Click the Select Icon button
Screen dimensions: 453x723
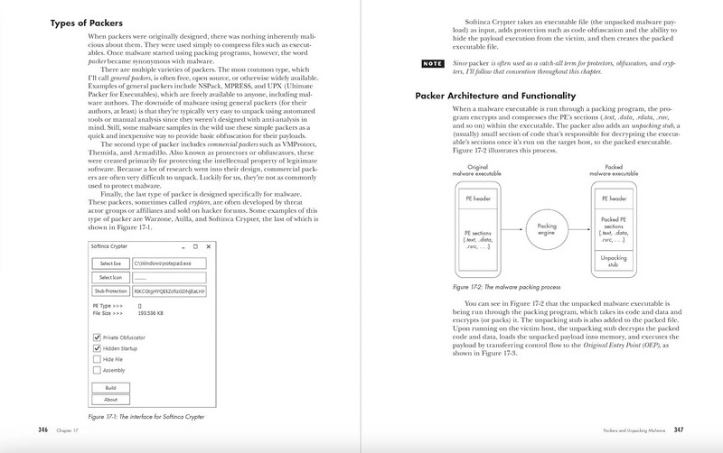(x=110, y=278)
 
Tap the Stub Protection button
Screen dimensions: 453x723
(x=110, y=292)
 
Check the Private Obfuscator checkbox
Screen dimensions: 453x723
(x=97, y=337)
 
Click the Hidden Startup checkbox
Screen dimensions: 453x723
(x=97, y=347)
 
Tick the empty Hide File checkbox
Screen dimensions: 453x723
(x=97, y=358)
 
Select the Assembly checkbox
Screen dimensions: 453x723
(x=97, y=369)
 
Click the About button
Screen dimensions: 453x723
(x=110, y=399)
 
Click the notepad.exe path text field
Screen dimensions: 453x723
(x=169, y=263)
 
